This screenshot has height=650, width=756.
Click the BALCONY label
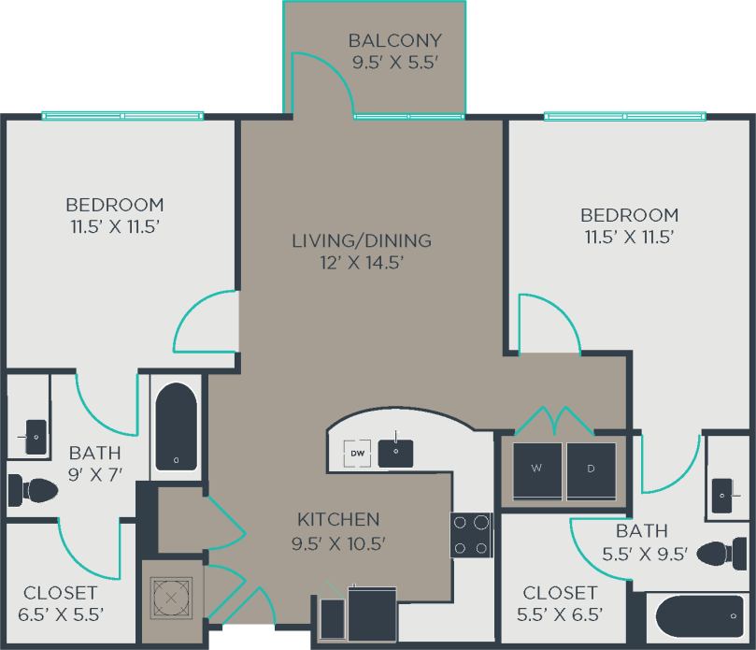394,40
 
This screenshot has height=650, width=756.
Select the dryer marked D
592,468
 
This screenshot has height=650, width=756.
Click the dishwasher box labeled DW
357,453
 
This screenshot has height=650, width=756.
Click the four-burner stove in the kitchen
471,535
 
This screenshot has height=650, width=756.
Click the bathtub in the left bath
175,426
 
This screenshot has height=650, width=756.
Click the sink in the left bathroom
34,437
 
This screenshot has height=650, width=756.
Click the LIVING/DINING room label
362,240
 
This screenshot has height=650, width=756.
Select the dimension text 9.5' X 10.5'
338,542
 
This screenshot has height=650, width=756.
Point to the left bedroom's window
122,116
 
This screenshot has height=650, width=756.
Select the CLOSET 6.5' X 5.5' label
60,593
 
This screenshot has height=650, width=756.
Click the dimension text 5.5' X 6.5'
560,614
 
